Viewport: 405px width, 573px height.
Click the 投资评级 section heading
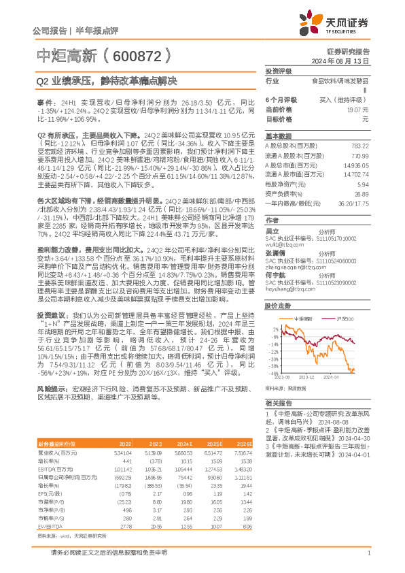pyautogui.click(x=278, y=71)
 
